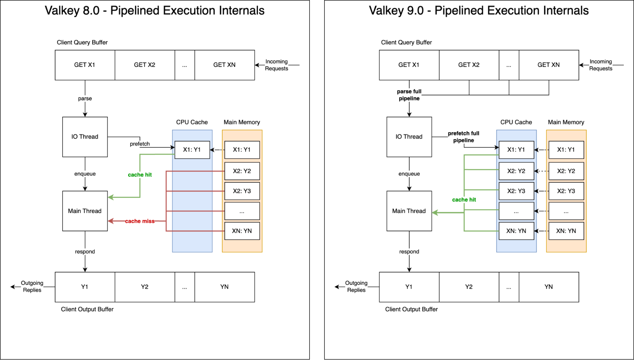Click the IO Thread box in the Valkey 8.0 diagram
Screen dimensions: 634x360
point(85,137)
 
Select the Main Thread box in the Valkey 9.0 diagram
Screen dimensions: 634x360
point(409,211)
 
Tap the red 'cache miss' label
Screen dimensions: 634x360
point(140,221)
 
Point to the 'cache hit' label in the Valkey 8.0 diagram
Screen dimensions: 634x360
point(140,175)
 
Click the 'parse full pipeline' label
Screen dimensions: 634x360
point(409,95)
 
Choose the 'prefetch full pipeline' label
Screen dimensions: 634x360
point(463,137)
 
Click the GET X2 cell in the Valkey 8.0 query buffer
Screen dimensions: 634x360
point(145,65)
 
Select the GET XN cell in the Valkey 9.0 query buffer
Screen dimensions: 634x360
point(549,65)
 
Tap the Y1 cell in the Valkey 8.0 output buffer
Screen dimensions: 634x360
point(85,287)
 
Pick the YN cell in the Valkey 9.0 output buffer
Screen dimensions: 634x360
point(549,287)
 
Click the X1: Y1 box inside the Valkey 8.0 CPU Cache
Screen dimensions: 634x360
point(192,150)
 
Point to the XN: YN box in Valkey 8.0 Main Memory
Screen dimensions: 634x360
point(242,231)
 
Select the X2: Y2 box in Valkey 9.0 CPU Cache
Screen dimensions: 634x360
point(516,171)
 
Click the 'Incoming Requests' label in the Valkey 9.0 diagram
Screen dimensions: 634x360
point(601,65)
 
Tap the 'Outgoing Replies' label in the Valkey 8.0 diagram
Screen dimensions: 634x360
point(32,286)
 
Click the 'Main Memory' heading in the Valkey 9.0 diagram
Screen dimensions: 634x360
point(566,122)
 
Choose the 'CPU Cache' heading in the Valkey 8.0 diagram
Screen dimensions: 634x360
point(192,122)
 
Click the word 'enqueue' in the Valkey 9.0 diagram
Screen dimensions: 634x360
point(409,174)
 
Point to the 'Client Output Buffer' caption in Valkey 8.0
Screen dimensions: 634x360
point(87,309)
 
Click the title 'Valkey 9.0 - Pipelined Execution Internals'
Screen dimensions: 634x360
point(479,10)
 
